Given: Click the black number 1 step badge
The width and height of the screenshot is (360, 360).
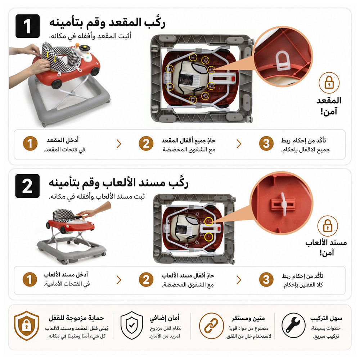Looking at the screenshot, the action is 28,26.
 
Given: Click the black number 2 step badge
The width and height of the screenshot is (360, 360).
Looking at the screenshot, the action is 28,186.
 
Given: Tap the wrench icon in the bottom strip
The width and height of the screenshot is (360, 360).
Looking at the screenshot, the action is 293,325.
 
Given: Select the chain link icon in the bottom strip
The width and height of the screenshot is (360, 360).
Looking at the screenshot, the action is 211,325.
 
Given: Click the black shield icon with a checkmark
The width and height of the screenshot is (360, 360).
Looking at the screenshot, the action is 131,325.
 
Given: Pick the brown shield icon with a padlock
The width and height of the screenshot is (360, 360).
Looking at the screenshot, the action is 26,325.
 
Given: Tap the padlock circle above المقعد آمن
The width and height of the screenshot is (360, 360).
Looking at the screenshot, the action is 329,83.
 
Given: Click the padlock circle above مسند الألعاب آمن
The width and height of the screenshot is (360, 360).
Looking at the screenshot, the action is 328,226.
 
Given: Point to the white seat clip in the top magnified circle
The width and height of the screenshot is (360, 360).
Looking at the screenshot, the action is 283,61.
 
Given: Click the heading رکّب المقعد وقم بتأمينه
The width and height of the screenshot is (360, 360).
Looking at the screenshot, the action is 107,23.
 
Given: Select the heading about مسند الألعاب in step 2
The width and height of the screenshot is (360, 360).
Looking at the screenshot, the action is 118,183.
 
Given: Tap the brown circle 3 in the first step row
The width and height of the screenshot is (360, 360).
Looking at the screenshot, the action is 266,144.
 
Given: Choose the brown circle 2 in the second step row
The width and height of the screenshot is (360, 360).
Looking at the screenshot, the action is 146,280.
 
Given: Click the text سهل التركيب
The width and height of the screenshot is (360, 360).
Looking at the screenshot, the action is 326,319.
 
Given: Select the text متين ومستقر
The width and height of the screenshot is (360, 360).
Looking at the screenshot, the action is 248,319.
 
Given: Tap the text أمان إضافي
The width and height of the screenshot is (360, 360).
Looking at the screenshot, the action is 165,318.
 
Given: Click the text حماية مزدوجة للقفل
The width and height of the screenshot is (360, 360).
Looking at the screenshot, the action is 76,318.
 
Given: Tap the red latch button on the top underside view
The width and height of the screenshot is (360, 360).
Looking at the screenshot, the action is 233,79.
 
